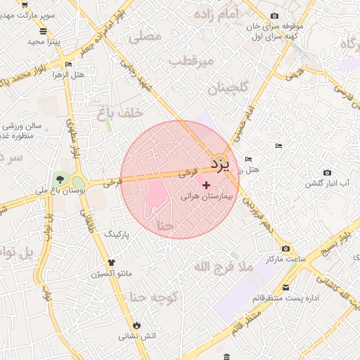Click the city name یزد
(x=220, y=165)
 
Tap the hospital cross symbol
(x=206, y=185)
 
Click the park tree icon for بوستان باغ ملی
(x=59, y=176)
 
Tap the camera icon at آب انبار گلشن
(x=327, y=172)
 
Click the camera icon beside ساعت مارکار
(x=285, y=249)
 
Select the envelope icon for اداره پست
(x=285, y=287)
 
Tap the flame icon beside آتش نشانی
(x=136, y=326)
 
